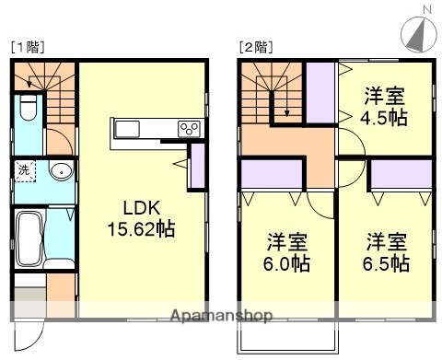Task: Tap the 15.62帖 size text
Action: point(140,227)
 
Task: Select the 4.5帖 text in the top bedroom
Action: point(384,117)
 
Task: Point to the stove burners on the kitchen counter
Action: point(190,128)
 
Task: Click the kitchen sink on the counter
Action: point(129,128)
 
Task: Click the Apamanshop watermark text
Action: point(222,316)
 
